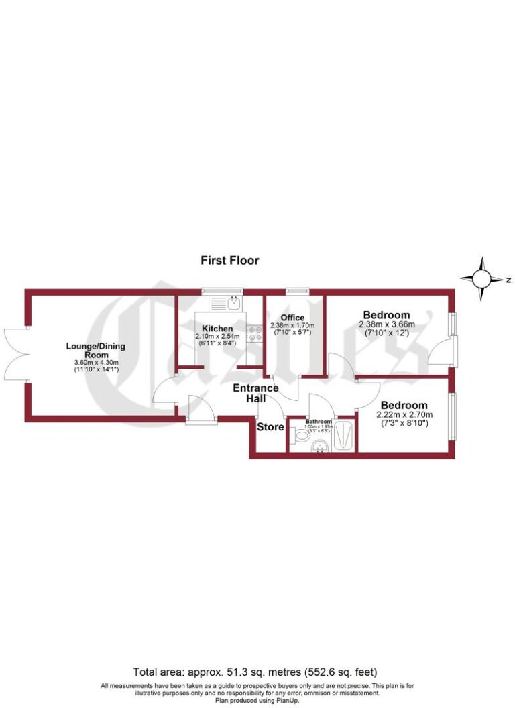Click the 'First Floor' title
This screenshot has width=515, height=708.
pyautogui.click(x=230, y=260)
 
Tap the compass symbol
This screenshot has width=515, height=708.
pyautogui.click(x=482, y=279)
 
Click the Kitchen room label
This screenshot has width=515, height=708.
pyautogui.click(x=218, y=328)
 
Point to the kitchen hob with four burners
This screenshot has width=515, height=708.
pyautogui.click(x=255, y=333)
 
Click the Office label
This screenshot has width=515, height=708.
pyautogui.click(x=292, y=318)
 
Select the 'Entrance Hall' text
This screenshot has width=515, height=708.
pyautogui.click(x=255, y=394)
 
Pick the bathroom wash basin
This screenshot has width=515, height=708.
pyautogui.click(x=321, y=445)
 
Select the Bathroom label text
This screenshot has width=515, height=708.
pyautogui.click(x=319, y=421)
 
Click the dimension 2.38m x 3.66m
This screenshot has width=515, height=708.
pyautogui.click(x=386, y=324)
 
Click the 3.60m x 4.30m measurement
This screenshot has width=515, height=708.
pyautogui.click(x=96, y=363)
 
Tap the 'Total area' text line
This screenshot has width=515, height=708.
pyautogui.click(x=255, y=671)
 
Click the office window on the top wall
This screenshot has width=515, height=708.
pyautogui.click(x=295, y=291)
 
